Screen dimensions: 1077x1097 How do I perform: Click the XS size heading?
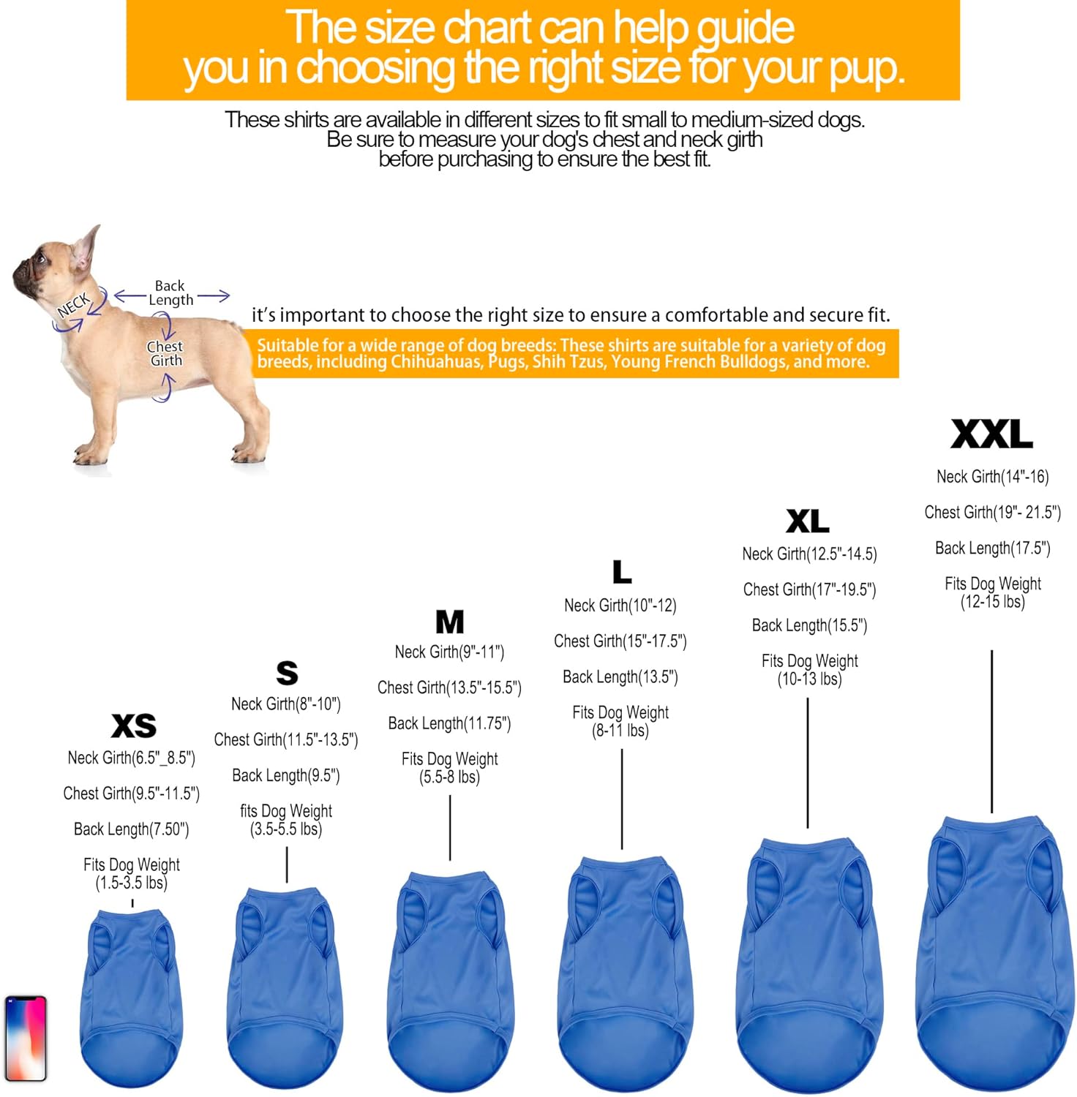(134, 725)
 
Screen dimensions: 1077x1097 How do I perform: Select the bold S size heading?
(287, 673)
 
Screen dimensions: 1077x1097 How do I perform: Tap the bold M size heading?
(450, 622)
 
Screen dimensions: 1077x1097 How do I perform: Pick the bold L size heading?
(622, 571)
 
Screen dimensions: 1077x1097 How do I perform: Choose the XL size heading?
(808, 521)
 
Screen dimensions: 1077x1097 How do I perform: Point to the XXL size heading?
(992, 434)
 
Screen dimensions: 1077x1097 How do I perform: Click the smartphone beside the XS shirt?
(26, 1038)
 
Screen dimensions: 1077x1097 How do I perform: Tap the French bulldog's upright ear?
(88, 247)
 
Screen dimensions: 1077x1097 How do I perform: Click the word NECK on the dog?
(74, 305)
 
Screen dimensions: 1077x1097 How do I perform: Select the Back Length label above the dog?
(171, 293)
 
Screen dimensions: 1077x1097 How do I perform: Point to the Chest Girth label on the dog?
(165, 353)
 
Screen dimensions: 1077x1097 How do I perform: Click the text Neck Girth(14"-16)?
(992, 477)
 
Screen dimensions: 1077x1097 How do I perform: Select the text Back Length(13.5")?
(620, 677)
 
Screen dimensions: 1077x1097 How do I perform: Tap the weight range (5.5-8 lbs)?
(449, 777)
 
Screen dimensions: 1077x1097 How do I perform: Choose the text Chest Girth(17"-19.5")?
(809, 589)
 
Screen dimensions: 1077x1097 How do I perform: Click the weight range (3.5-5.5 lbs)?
(286, 829)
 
